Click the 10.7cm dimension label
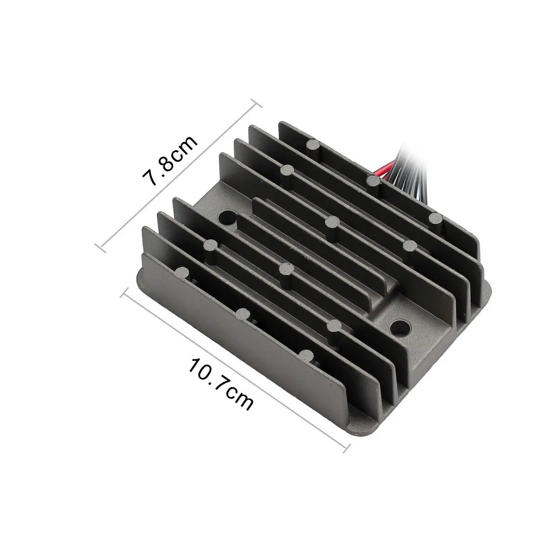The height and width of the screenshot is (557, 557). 221,384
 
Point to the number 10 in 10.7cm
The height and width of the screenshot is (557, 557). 198,369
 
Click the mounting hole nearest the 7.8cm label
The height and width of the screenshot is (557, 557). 228,217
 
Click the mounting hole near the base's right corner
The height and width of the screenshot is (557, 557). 400,328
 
